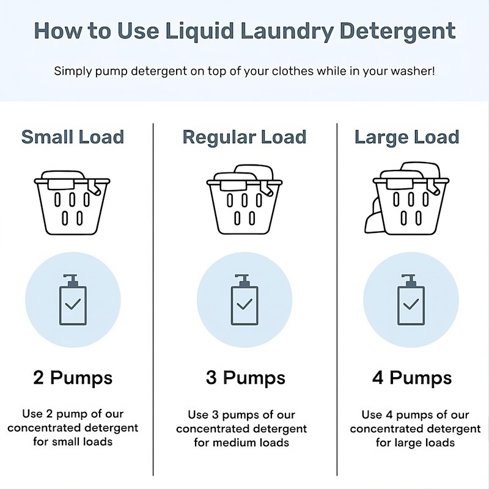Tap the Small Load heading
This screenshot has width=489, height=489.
coord(73,137)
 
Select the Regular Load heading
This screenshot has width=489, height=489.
coord(244,137)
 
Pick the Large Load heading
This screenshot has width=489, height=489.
coord(406,137)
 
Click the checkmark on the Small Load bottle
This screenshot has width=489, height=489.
coord(73,304)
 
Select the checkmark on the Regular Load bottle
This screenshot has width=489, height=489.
coord(244,304)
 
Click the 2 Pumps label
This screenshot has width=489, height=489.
coord(73,378)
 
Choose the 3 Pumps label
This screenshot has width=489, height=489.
coord(244,378)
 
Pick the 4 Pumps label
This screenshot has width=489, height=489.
coord(411,378)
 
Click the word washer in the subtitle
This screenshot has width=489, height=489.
coord(414,71)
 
